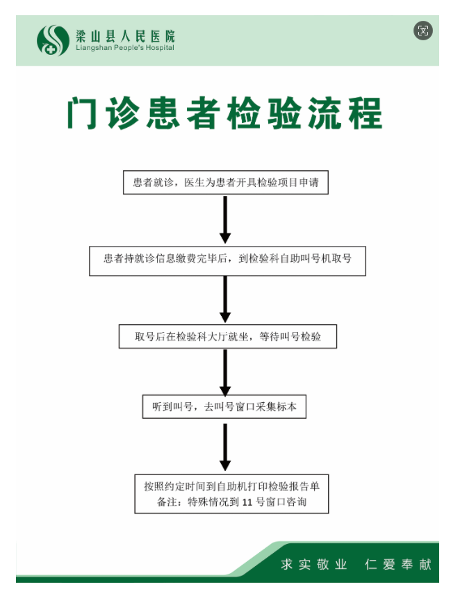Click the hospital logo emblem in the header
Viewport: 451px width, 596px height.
click(53, 40)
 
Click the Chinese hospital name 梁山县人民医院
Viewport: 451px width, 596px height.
click(125, 35)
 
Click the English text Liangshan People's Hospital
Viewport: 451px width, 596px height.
click(125, 48)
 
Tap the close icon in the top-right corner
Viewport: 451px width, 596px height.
click(423, 30)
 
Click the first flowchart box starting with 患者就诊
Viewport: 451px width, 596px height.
click(225, 183)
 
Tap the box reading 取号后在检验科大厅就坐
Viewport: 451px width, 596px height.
click(227, 336)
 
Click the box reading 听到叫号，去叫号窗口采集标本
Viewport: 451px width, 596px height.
click(224, 406)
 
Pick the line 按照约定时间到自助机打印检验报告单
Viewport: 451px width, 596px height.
click(231, 485)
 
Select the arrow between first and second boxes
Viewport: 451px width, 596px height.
click(224, 219)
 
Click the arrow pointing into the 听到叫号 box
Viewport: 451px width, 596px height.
click(224, 372)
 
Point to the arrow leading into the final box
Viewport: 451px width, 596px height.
click(224, 447)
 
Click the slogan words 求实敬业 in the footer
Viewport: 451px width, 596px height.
click(313, 564)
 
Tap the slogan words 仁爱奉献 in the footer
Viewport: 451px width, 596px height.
click(398, 564)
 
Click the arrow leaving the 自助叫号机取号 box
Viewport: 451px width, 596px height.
click(224, 299)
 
